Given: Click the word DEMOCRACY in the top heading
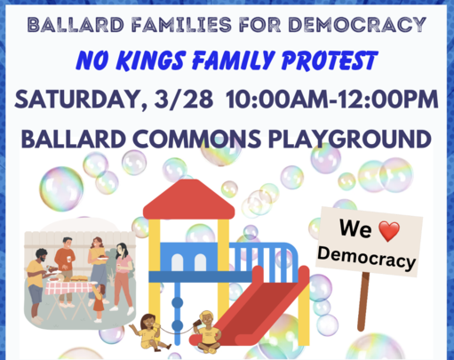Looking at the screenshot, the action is click(x=357, y=24).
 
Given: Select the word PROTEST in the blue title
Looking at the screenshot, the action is click(x=330, y=60).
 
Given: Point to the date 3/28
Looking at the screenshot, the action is click(x=184, y=99).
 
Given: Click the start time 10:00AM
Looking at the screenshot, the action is click(x=276, y=99).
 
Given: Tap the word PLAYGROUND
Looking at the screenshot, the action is click(x=349, y=139).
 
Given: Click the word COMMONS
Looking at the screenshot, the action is click(x=196, y=139).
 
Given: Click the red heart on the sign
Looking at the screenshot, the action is click(x=389, y=230).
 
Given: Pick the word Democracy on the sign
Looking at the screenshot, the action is click(x=367, y=258).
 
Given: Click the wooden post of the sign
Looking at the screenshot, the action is click(x=363, y=301).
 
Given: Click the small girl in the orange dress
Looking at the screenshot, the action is click(x=99, y=303).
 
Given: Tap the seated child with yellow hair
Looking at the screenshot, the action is click(x=208, y=332).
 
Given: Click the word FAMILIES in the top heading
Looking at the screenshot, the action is click(x=182, y=24).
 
